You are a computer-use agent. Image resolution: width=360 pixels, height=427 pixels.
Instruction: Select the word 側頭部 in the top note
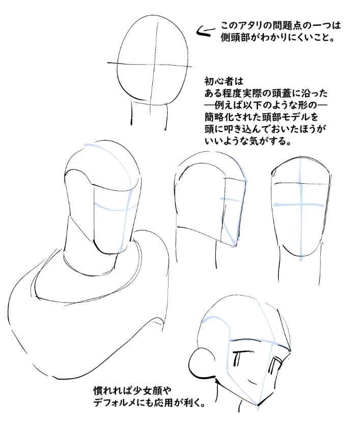tap(237, 38)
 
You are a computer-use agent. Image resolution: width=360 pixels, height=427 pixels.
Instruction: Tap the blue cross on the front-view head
tap(300, 204)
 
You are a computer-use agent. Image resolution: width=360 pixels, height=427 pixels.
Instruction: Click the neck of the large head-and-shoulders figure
tap(92, 260)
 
